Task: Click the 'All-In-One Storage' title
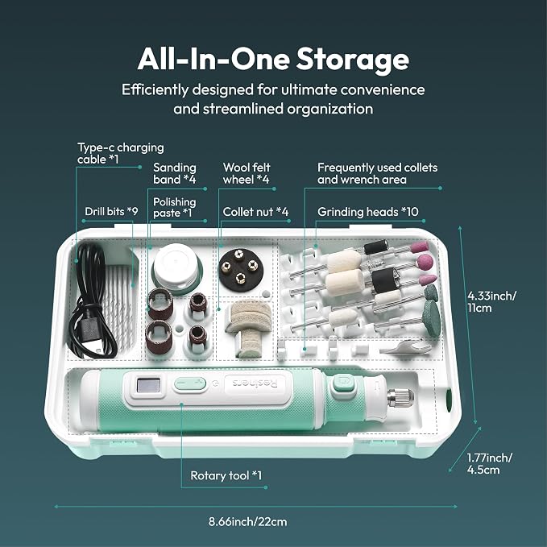click(x=273, y=60)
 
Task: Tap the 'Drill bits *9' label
click(x=111, y=211)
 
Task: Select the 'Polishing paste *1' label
click(x=175, y=207)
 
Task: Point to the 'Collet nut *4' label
click(x=255, y=212)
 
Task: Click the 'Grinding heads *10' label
click(x=367, y=212)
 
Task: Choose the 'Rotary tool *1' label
click(x=226, y=475)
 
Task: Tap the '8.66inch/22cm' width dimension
click(x=247, y=522)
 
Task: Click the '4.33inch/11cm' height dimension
click(x=491, y=302)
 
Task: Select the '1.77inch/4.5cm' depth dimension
click(x=490, y=463)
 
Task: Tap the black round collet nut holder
click(x=239, y=268)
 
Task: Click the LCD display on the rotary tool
click(x=148, y=386)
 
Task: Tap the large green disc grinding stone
click(x=432, y=318)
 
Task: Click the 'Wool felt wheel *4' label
click(x=247, y=173)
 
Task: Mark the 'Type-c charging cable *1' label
click(x=120, y=153)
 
